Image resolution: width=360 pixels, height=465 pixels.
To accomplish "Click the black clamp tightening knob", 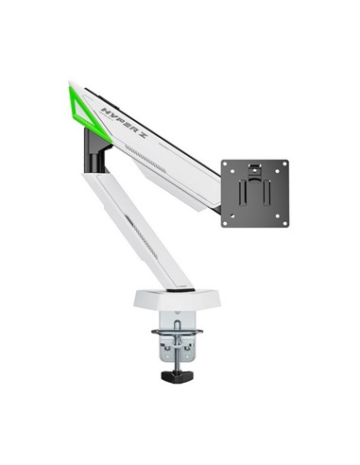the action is [x=178, y=376].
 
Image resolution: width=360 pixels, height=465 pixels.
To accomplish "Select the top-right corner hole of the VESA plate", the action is [x=284, y=164].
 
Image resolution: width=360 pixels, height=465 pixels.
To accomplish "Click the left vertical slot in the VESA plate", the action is [x=242, y=194].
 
